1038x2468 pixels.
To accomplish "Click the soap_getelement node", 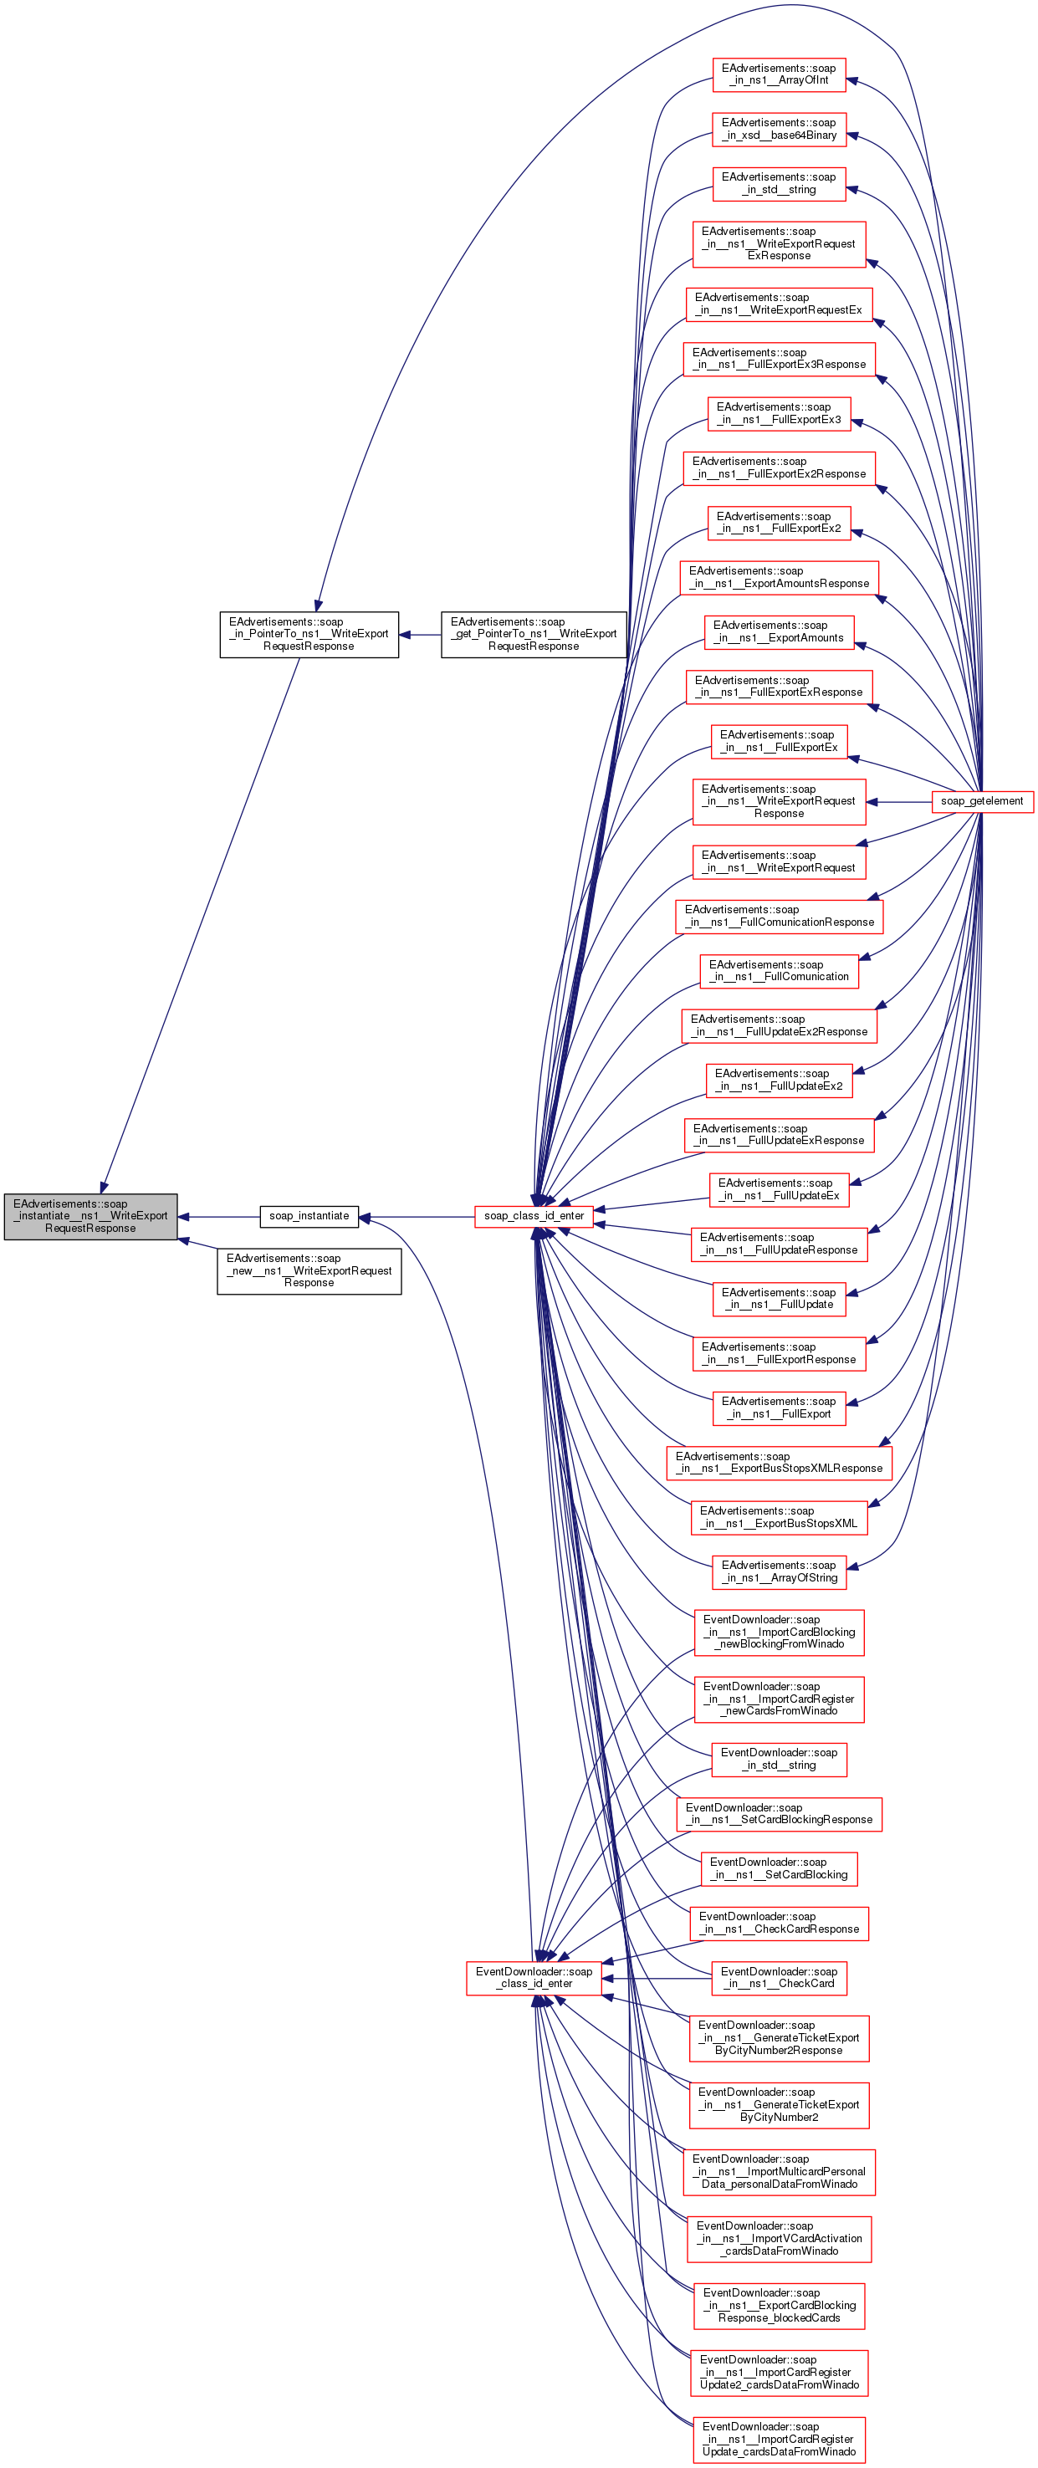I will [981, 801].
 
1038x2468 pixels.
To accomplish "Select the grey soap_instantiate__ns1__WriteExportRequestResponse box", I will [90, 1216].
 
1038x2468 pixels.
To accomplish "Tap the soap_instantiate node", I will [309, 1216].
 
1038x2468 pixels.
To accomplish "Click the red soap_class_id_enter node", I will [534, 1216].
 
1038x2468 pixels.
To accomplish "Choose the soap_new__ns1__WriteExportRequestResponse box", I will [309, 1270].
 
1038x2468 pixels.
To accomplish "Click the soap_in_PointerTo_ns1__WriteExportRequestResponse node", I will [309, 634].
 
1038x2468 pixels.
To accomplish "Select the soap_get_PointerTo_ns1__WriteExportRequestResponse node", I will [534, 634].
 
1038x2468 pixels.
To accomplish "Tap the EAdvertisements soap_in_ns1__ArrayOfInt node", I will [778, 74].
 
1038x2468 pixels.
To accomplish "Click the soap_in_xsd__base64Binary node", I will [778, 130].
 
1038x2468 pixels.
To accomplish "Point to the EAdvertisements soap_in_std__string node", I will [778, 184].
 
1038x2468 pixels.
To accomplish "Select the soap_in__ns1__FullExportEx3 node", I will [778, 414].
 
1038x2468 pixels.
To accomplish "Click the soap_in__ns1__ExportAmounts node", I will [778, 632].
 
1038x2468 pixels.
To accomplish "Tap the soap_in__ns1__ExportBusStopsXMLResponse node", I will [778, 1462].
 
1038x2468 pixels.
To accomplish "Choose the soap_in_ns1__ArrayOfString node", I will [778, 1571].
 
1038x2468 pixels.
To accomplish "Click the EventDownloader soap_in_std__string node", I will [778, 1759].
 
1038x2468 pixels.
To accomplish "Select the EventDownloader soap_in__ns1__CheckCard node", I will [778, 1977].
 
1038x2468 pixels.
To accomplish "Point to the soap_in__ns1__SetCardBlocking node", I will [778, 1868].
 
